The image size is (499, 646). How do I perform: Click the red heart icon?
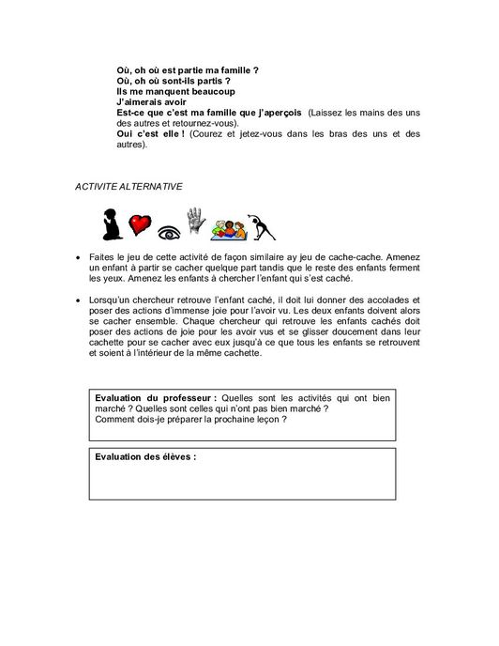140,226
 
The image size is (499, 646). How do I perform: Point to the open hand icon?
196,223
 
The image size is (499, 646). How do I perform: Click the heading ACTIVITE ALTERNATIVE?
129,186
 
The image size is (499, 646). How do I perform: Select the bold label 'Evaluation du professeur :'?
150,398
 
